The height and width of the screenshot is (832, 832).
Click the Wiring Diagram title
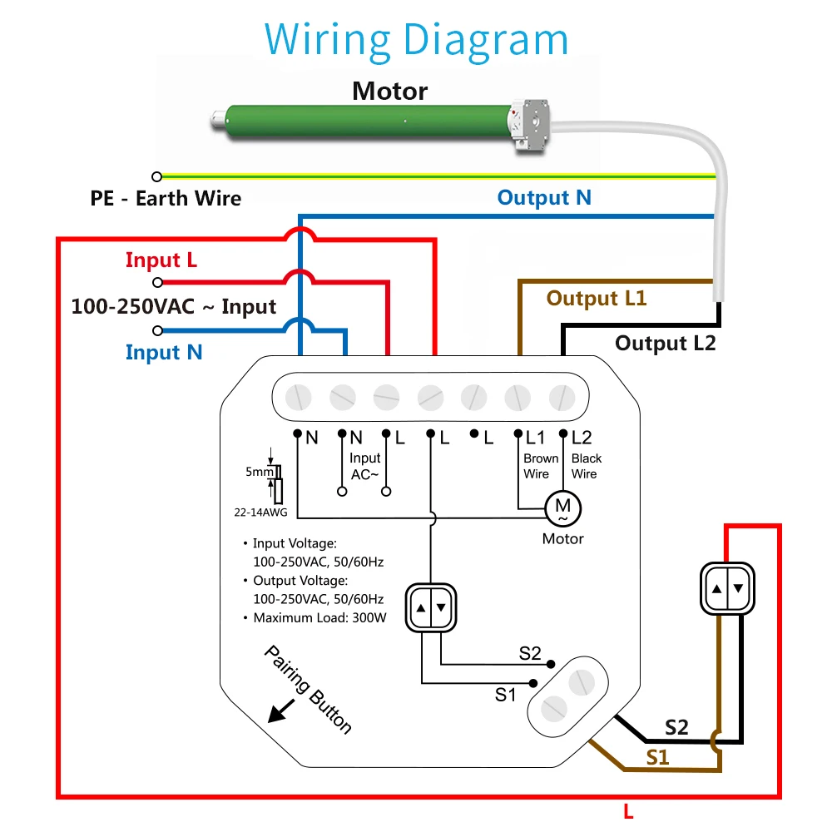pos(416,39)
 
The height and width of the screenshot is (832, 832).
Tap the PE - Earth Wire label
pos(166,199)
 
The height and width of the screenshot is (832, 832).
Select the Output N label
pos(544,198)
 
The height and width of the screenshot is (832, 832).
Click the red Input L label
pos(161,260)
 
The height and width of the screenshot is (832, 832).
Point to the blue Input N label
pos(164,353)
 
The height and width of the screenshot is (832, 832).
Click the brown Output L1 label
pos(596,299)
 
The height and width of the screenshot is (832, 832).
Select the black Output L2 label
pos(665,343)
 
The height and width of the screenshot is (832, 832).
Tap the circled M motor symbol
pos(562,506)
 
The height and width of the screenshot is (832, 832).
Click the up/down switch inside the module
pos(430,607)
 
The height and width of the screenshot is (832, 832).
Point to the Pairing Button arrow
pos(279,710)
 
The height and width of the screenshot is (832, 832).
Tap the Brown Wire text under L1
pos(540,466)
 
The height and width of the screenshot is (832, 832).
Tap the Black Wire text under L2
pos(586,466)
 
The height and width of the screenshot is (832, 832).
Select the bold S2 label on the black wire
pos(676,728)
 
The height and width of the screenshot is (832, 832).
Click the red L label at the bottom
pos(628,811)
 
